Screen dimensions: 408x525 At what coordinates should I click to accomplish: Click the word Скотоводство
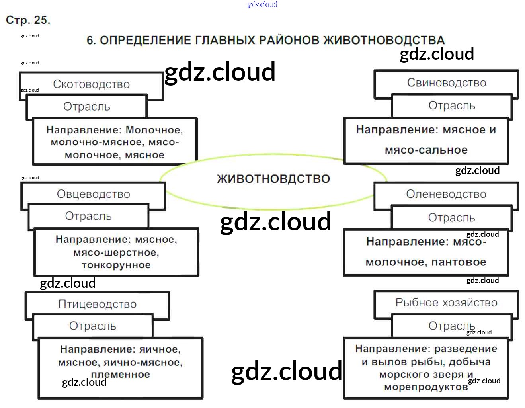(91, 84)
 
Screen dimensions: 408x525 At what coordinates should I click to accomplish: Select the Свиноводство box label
(446, 83)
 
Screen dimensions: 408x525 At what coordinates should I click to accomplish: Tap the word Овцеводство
(94, 194)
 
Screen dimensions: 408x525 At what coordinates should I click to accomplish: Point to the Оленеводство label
(446, 194)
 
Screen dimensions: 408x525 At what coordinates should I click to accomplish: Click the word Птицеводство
(98, 304)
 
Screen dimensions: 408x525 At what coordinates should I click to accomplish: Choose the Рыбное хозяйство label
(446, 303)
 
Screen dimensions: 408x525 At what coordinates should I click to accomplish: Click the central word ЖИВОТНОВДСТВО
(273, 179)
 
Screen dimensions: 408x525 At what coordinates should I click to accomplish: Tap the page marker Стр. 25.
(28, 20)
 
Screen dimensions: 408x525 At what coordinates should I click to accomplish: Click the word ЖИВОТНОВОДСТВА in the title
(384, 40)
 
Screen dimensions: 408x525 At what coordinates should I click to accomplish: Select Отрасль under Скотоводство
(87, 107)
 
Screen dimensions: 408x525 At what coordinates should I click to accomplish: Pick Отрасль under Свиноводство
(452, 106)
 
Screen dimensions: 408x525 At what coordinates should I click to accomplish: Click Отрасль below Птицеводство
(93, 326)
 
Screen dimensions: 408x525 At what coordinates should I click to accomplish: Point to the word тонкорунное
(116, 265)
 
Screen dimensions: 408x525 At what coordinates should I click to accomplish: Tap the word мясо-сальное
(426, 150)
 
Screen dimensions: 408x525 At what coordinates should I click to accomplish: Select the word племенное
(121, 375)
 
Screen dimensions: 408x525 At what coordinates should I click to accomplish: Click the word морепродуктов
(426, 387)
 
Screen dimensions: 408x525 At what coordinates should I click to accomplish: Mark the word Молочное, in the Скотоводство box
(154, 130)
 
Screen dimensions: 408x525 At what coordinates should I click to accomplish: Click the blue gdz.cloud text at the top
(262, 4)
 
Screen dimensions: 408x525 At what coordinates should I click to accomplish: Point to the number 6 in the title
(91, 40)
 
